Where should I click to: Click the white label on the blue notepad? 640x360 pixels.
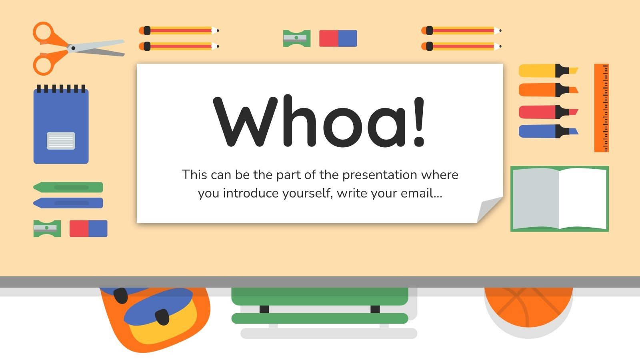tap(61, 141)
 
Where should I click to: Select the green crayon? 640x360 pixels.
tap(68, 187)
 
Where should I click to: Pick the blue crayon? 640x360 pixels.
tap(68, 203)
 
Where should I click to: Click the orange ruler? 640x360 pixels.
tap(601, 108)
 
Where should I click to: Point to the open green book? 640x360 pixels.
tap(560, 199)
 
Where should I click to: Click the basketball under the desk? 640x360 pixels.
tap(528, 306)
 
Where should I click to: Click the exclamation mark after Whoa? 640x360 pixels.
tap(418, 122)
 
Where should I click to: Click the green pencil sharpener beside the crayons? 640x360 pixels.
tap(47, 228)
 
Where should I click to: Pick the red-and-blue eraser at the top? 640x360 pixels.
tap(338, 38)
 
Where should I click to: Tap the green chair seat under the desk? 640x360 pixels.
tap(320, 296)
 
